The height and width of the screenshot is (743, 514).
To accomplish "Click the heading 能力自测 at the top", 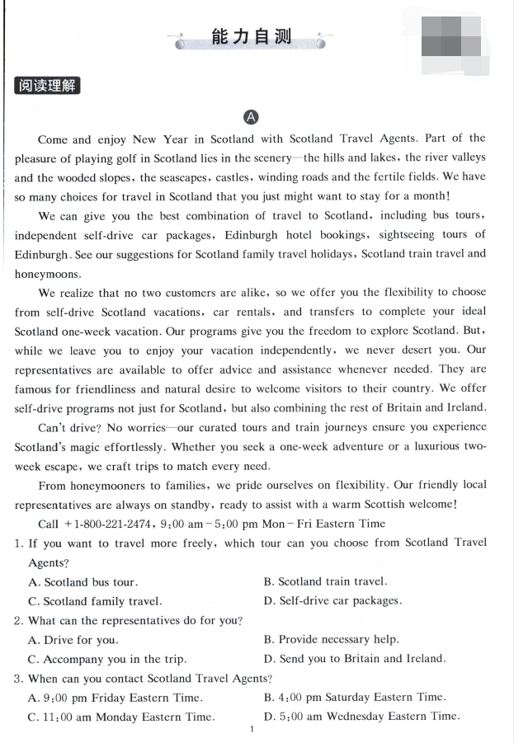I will [x=251, y=38].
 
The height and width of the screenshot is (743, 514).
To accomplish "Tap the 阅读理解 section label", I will [x=47, y=85].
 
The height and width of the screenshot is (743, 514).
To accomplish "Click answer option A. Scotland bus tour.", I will [x=83, y=582].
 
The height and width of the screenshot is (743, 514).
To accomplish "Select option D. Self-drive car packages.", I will [x=332, y=600].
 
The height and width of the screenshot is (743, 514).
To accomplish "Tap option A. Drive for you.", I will [x=73, y=640].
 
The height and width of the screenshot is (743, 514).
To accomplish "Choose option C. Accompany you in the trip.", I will [x=106, y=659].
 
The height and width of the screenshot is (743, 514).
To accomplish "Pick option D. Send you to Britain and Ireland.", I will [x=354, y=658].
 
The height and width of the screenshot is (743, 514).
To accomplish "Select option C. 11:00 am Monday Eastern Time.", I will [x=120, y=717].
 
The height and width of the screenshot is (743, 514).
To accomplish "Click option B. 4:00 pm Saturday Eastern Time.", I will [x=355, y=698].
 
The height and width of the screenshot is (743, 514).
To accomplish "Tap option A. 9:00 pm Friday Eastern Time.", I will [x=115, y=698].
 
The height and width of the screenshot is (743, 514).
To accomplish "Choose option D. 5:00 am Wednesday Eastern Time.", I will [x=361, y=717].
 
